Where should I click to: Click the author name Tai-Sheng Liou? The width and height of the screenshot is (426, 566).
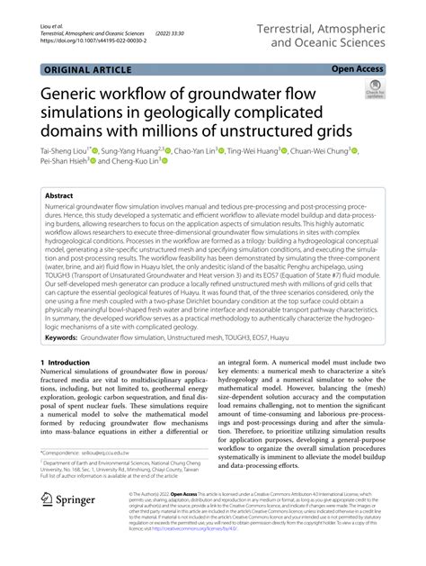click(x=63, y=151)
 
